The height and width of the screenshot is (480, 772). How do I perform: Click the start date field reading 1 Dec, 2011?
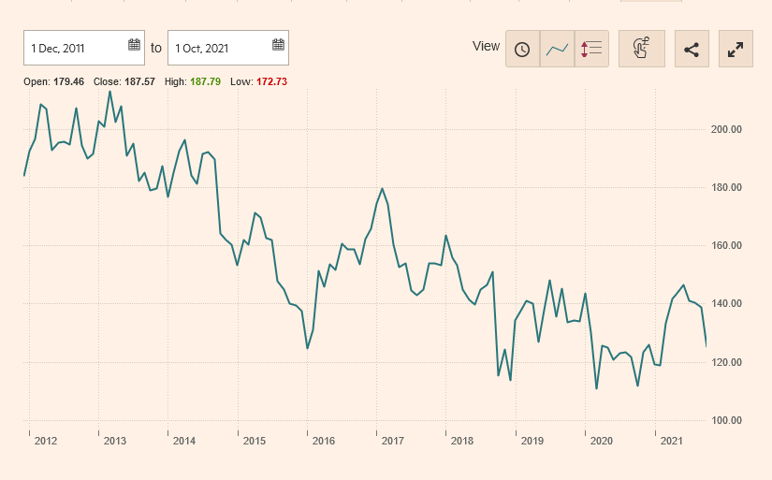click(75, 47)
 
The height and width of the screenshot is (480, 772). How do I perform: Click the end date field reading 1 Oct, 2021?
click(217, 47)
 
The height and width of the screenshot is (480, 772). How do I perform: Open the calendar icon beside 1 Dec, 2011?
click(134, 45)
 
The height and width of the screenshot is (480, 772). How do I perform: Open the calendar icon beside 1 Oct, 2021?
click(278, 45)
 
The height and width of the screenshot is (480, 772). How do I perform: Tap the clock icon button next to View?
click(522, 49)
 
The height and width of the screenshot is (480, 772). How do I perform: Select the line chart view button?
click(557, 49)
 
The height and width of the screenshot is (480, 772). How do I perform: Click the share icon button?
click(692, 49)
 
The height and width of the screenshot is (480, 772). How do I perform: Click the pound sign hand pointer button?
click(641, 49)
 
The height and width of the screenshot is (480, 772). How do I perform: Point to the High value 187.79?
click(205, 82)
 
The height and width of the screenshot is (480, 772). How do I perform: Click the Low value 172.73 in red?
click(271, 82)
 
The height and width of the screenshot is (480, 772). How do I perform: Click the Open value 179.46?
click(68, 82)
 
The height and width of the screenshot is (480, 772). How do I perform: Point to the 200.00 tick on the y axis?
click(726, 130)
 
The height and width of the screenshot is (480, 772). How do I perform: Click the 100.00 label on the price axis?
click(726, 421)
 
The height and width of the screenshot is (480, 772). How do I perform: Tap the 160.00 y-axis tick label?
click(726, 246)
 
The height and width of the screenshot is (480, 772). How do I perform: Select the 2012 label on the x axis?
click(46, 441)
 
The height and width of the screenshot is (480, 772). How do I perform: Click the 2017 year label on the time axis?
click(393, 441)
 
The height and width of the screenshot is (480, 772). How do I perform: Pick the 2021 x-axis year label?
click(671, 441)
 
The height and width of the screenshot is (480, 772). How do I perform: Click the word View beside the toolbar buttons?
click(487, 47)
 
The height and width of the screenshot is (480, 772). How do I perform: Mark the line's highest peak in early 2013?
click(110, 91)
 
